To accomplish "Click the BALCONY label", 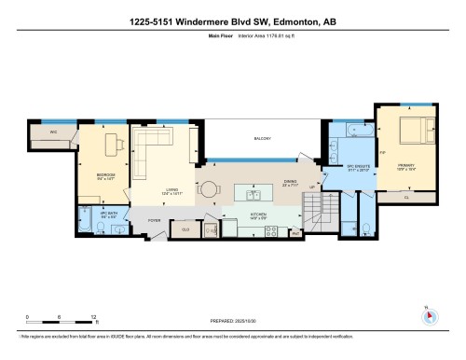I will tap(262, 139).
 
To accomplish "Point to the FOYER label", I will tap(154, 221).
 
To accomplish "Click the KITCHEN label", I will tap(258, 214).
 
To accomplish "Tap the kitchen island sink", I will tap(251, 194).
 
